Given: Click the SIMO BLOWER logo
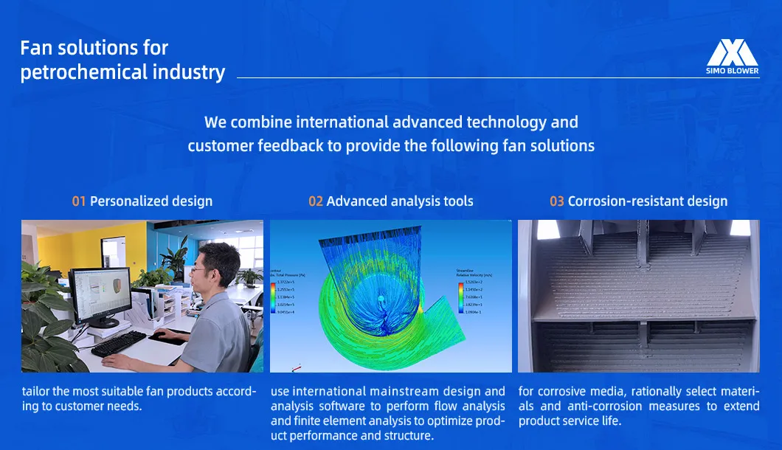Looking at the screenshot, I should tap(733, 58).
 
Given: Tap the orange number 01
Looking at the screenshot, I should tap(79, 201).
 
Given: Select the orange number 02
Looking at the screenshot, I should tap(316, 201).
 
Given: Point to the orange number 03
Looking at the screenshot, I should tap(557, 201).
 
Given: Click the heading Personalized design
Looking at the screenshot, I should tap(151, 201).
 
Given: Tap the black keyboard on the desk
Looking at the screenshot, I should tap(118, 343).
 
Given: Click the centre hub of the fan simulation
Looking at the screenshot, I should tap(381, 298).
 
